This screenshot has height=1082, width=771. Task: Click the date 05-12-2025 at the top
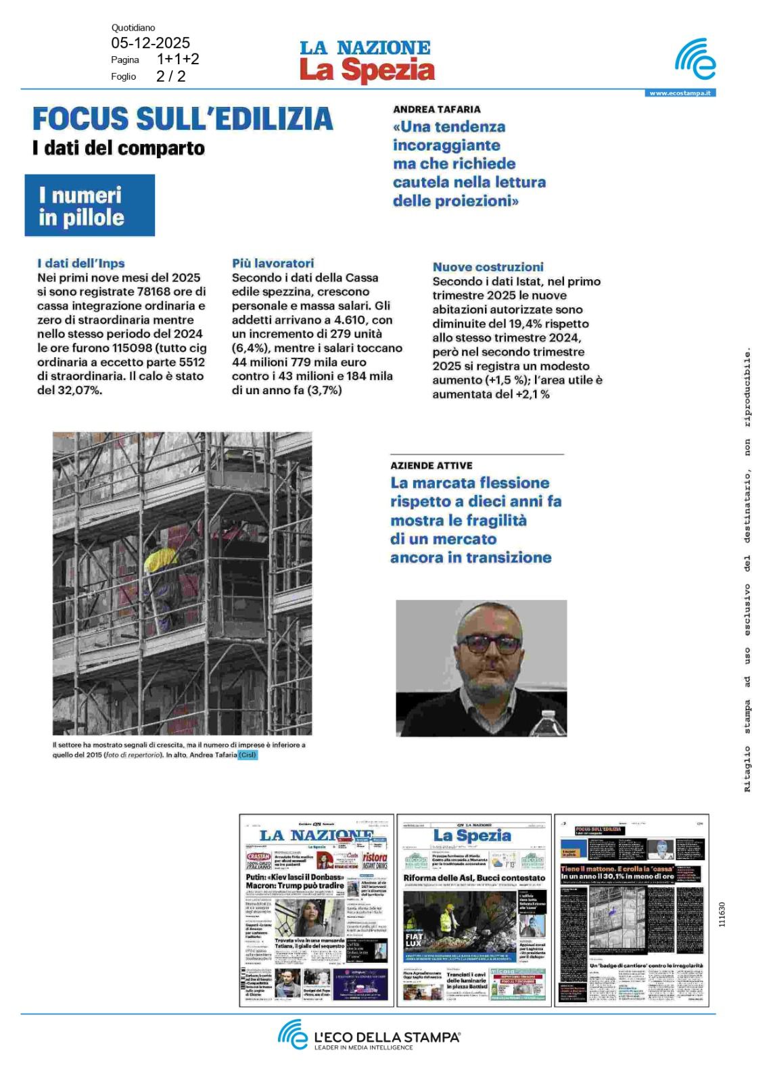click(150, 43)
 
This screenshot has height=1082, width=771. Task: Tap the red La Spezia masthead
click(367, 70)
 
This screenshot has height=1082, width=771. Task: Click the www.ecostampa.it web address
click(680, 93)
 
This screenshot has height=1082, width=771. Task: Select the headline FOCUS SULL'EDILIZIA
click(183, 119)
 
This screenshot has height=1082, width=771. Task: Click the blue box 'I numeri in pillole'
click(90, 206)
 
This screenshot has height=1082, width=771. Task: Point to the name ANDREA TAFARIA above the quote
click(437, 109)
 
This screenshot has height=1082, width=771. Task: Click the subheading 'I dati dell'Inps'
click(81, 263)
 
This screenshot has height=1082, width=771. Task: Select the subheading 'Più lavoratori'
click(273, 263)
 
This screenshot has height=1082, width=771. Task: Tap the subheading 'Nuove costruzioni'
click(488, 267)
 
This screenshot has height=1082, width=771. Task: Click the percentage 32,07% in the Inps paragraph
click(80, 390)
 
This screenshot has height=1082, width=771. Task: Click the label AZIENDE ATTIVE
click(431, 465)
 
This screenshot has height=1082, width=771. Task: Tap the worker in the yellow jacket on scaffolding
click(160, 561)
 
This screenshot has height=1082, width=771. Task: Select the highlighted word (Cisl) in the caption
click(248, 755)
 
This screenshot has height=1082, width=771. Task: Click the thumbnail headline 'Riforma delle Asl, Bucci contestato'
click(473, 878)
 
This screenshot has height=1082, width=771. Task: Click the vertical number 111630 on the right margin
click(722, 914)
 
